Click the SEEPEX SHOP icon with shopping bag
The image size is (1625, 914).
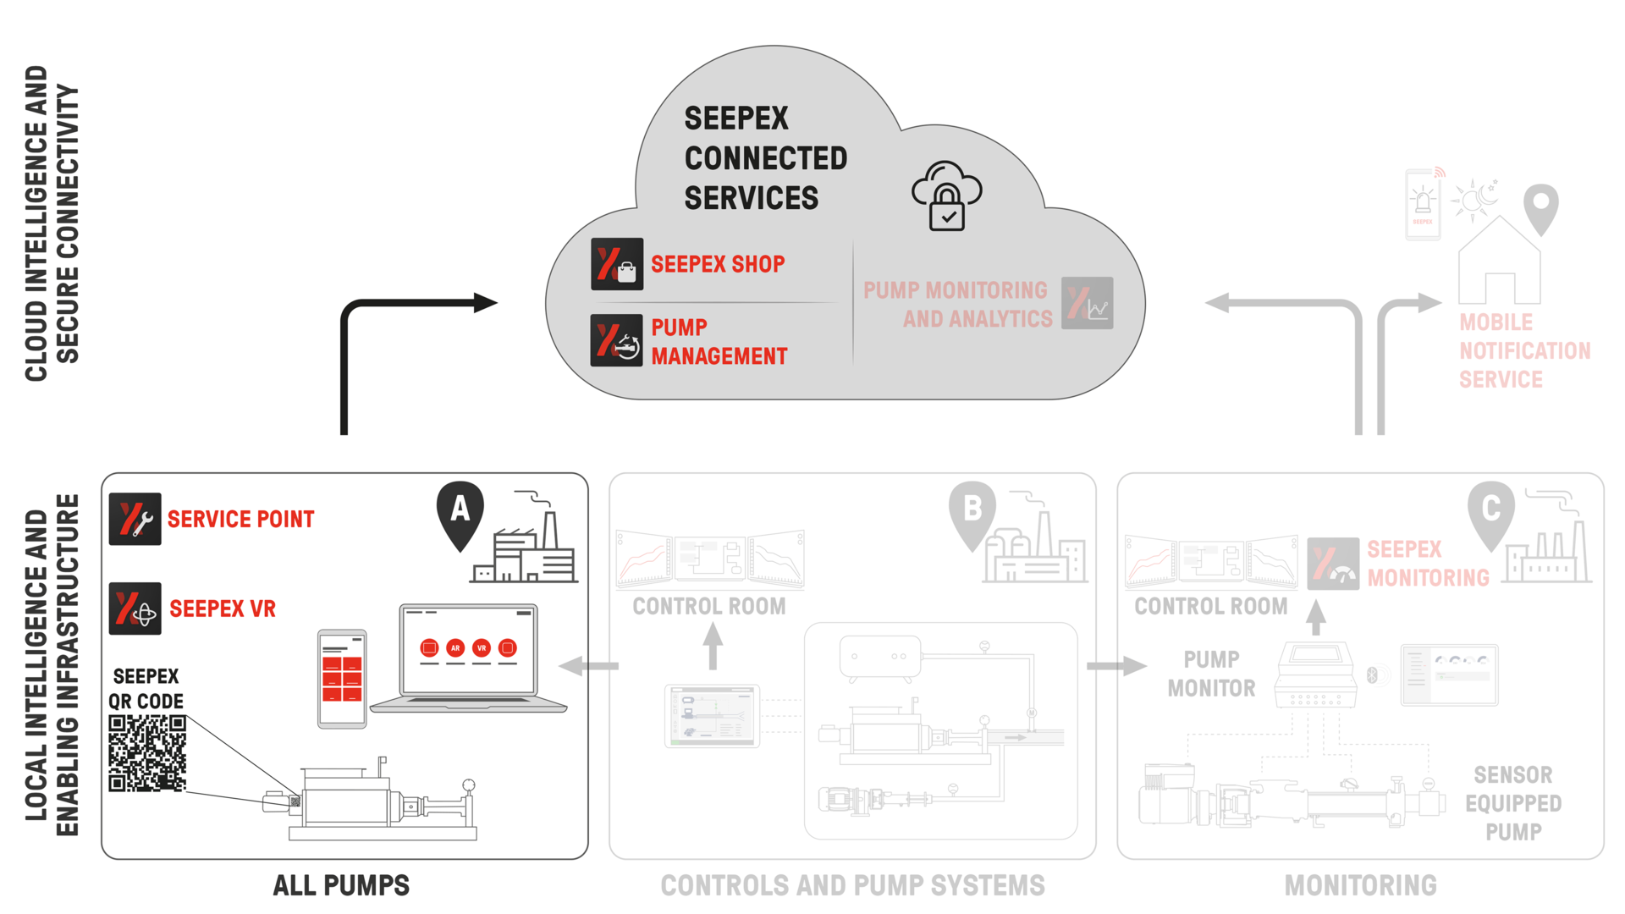[617, 264]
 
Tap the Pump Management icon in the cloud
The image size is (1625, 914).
[617, 340]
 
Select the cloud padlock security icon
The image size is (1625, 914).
[947, 196]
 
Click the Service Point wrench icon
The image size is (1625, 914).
[135, 519]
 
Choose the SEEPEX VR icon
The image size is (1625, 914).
[135, 608]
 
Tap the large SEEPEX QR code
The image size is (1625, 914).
[147, 753]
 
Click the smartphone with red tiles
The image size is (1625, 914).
[342, 679]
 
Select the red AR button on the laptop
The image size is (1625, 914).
[455, 648]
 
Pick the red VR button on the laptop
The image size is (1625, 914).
[482, 648]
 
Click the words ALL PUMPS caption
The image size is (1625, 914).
[341, 885]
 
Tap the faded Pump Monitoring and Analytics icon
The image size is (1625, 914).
[1088, 303]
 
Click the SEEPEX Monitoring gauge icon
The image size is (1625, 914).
[1333, 564]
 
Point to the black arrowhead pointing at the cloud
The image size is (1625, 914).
[485, 302]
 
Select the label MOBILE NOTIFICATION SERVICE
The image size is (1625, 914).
[1524, 350]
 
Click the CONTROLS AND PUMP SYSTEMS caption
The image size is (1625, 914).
[852, 885]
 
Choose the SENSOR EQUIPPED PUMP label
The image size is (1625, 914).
[1513, 803]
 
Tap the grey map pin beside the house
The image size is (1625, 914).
[1541, 206]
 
